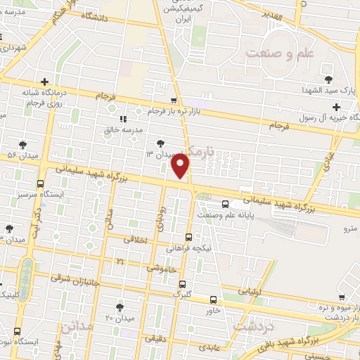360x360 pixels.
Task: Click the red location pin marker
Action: coord(181,167)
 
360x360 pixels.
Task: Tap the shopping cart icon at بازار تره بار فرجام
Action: coord(174,101)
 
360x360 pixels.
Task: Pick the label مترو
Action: coord(349,229)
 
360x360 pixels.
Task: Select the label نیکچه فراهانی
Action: coord(188,248)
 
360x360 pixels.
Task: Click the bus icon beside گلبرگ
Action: coord(183,284)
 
